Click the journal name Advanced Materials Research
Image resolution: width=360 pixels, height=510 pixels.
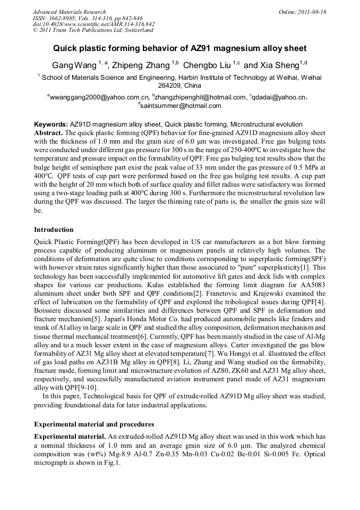click(69, 12)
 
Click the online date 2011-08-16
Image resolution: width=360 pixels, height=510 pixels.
click(312, 12)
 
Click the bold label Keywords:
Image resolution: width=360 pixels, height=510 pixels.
click(50, 124)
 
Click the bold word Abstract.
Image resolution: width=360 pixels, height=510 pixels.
click(48, 131)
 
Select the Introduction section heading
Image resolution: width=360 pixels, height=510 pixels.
click(54, 230)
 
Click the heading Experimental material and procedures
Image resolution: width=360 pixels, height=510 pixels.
click(94, 424)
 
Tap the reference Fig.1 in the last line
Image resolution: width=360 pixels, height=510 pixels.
click(113, 463)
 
